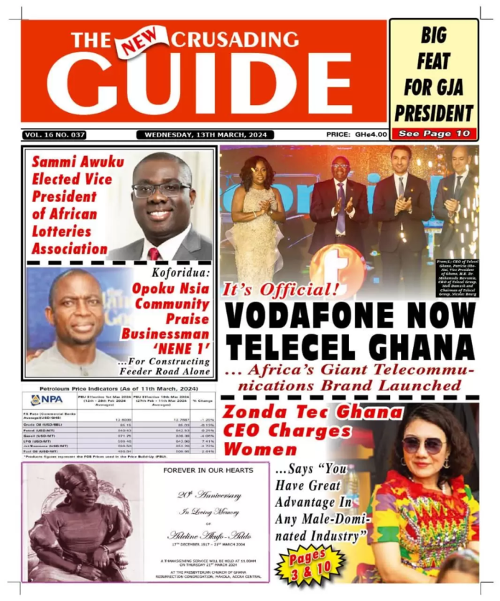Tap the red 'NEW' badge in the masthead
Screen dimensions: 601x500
pos(144,41)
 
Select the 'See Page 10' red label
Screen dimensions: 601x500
pos(434,134)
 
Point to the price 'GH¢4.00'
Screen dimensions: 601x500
pos(370,134)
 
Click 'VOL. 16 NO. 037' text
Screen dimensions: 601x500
pos(55,134)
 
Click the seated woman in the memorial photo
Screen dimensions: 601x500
pos(80,525)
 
